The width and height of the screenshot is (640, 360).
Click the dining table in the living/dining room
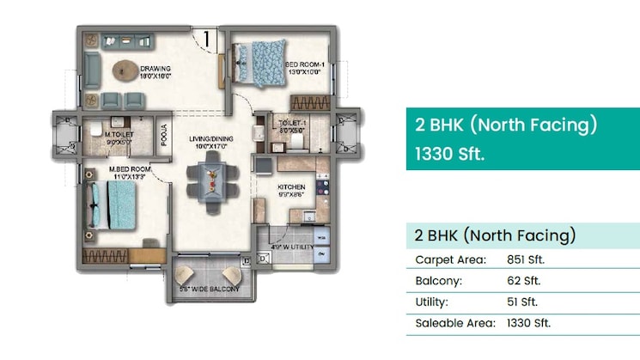pyautogui.click(x=210, y=182)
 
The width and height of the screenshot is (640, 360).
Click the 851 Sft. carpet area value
pyautogui.click(x=526, y=259)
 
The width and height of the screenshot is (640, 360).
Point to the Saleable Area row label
pyautogui.click(x=455, y=324)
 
